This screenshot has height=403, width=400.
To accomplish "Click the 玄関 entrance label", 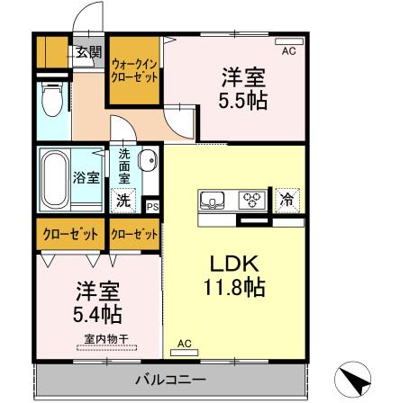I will tap(88, 51).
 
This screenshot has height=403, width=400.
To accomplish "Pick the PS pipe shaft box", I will tap(152, 205).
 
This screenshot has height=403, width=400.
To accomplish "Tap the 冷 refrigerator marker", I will tap(286, 198).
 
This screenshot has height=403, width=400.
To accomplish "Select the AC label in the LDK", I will tap(184, 343).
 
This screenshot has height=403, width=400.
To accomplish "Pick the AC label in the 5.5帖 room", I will tap(289, 51).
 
